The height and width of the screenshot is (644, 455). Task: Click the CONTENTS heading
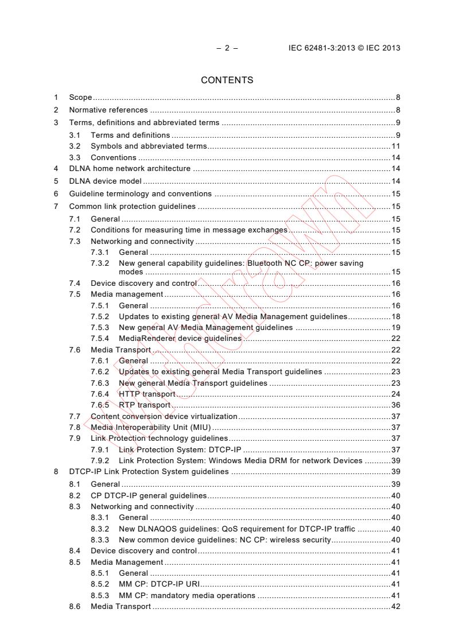click(x=227, y=80)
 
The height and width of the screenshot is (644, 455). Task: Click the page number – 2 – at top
click(x=227, y=48)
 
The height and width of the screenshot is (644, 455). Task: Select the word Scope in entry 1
click(x=80, y=98)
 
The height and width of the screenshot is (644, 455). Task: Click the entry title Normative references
click(x=108, y=110)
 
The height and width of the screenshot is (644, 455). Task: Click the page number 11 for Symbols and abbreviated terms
click(x=396, y=146)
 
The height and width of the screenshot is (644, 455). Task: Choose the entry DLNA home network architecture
click(x=130, y=169)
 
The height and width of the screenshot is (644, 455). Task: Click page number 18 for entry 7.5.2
click(x=396, y=316)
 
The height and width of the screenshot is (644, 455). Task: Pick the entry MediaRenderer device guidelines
click(x=180, y=339)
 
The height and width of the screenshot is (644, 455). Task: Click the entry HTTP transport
click(x=146, y=394)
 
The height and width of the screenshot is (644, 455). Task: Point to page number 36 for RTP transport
click(x=396, y=405)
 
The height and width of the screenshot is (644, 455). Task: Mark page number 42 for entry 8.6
click(x=396, y=606)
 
